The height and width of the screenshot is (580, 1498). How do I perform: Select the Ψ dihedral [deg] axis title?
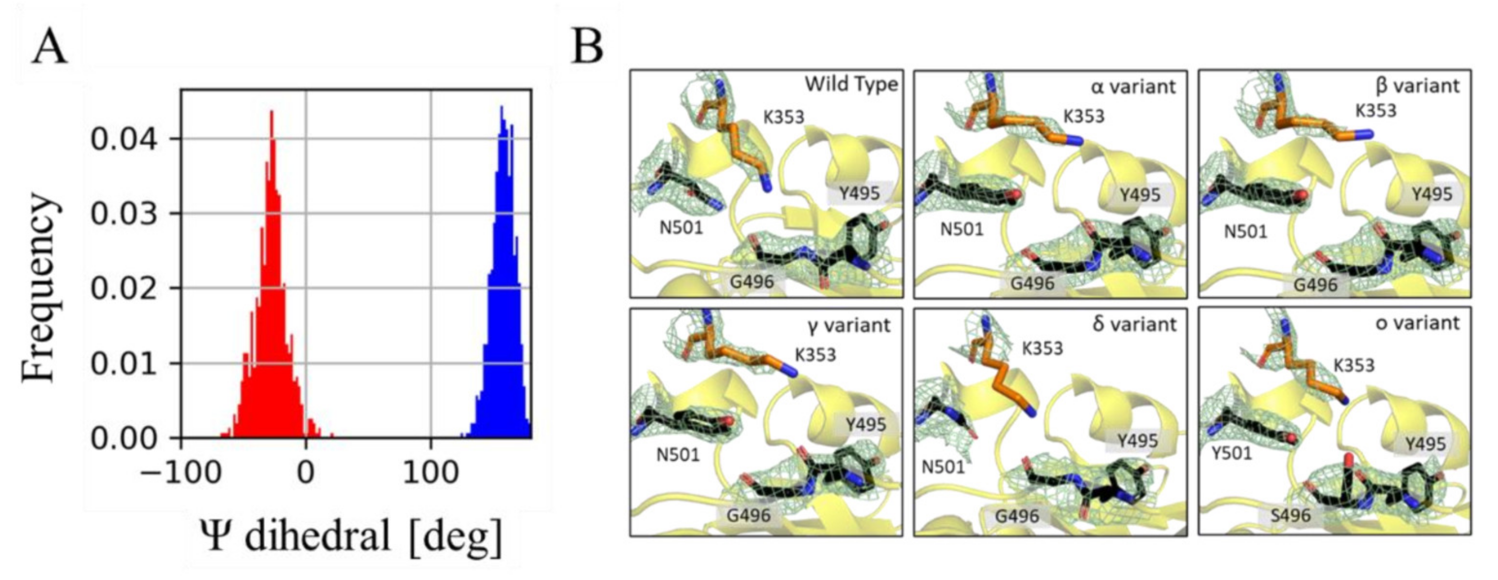[x=352, y=536]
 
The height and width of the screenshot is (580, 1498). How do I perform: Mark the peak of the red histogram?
[x=271, y=112]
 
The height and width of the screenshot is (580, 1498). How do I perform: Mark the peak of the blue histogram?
[x=501, y=107]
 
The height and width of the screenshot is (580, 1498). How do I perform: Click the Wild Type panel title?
[x=851, y=85]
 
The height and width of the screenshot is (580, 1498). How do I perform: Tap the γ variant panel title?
[x=849, y=325]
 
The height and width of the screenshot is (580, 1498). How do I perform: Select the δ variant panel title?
[x=1134, y=324]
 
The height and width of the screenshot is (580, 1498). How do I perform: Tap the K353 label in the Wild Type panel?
[x=783, y=117]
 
